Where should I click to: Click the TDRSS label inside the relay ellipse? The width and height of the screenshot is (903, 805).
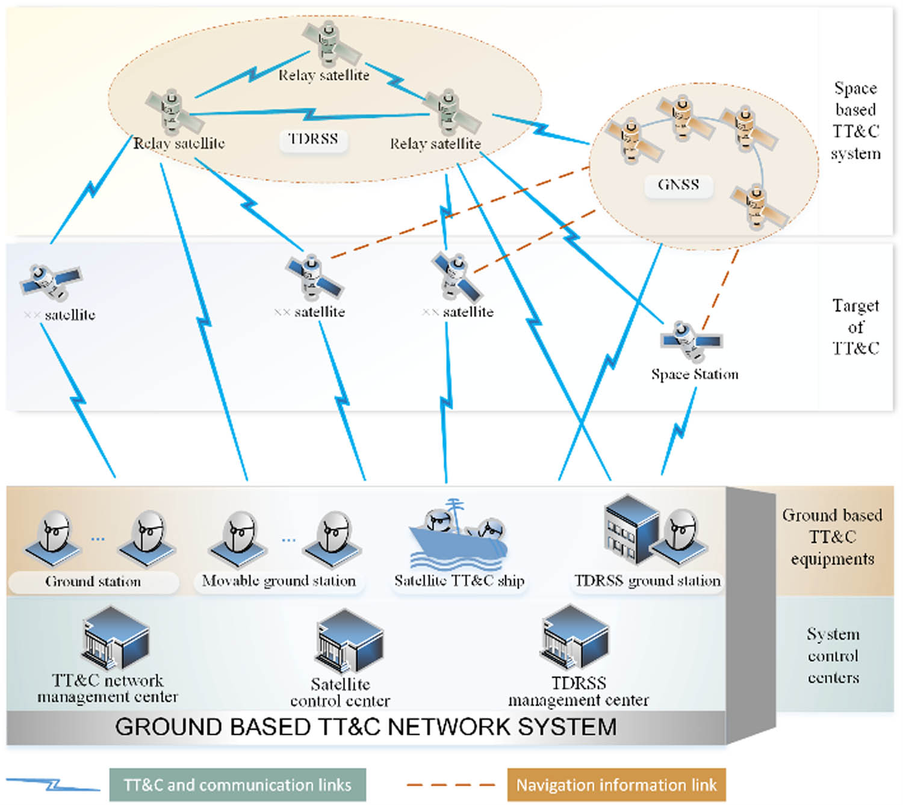(x=313, y=139)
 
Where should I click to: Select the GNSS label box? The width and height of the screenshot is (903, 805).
(x=678, y=185)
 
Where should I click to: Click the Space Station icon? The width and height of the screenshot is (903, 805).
(x=690, y=341)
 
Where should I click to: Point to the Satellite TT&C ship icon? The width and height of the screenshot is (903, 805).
(x=458, y=535)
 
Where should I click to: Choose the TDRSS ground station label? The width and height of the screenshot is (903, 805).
(x=647, y=581)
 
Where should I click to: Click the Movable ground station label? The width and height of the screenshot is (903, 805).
(x=279, y=581)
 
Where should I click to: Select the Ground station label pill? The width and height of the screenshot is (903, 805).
(x=93, y=582)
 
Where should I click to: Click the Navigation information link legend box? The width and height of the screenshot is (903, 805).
(x=616, y=785)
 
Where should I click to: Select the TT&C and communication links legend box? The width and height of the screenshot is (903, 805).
(x=237, y=785)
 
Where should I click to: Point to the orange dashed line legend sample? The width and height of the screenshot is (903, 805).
(x=450, y=785)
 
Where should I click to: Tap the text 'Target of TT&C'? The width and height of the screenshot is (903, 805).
(x=855, y=327)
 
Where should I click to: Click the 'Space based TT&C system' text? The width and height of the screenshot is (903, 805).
(x=855, y=121)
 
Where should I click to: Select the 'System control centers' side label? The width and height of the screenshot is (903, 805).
(x=833, y=656)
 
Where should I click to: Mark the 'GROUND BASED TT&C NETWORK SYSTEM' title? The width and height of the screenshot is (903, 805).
(x=365, y=727)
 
